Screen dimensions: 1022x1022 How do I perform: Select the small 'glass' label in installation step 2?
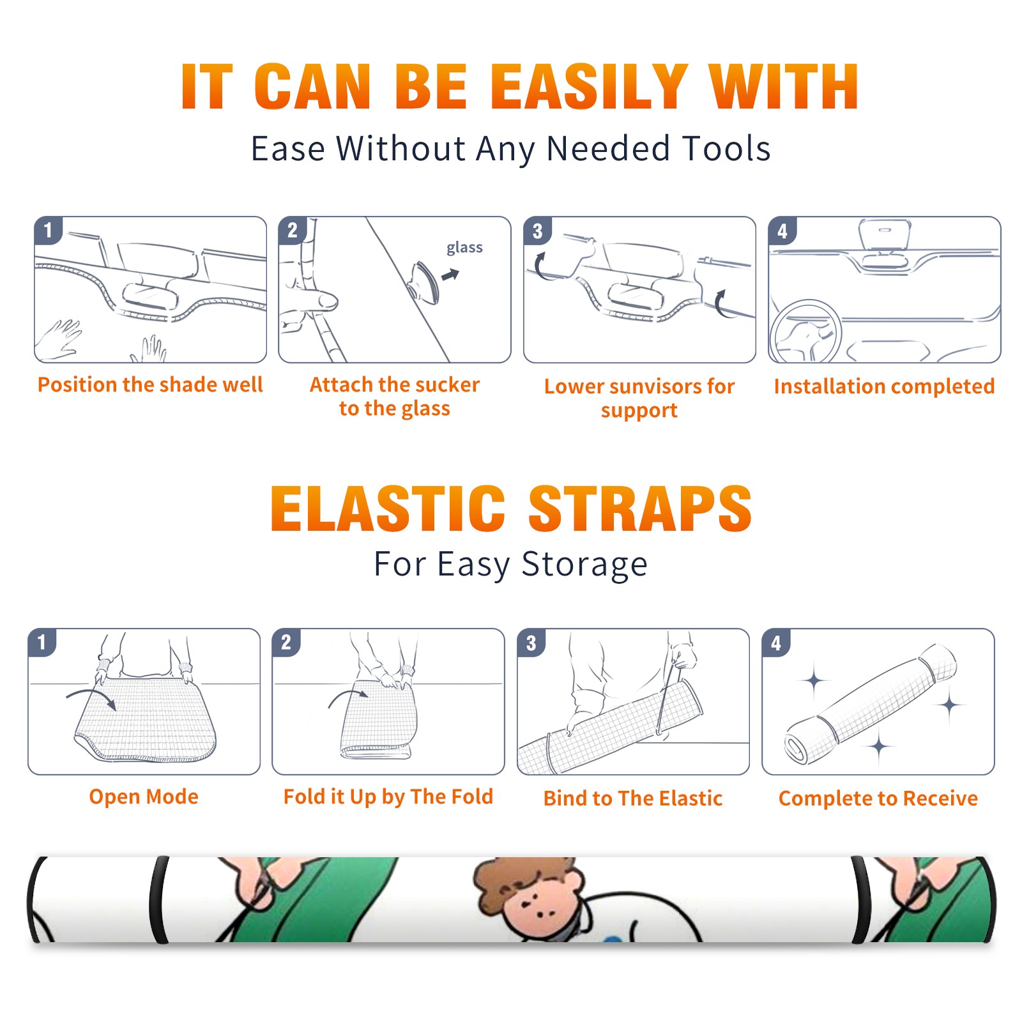pos(464,248)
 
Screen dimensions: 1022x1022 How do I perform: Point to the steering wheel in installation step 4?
pos(805,332)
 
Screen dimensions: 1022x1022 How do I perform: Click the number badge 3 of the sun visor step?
pos(537,231)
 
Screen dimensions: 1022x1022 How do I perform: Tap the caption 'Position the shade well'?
pos(150,385)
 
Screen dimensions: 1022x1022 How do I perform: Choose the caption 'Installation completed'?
pos(884,386)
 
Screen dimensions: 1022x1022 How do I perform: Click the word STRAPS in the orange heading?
pos(640,508)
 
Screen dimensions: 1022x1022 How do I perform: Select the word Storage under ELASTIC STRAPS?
pos(584,565)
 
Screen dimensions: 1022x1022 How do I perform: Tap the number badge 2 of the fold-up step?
pos(286,642)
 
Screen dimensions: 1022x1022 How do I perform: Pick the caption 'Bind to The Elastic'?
pos(633,798)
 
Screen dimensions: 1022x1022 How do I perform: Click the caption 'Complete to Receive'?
pos(878,798)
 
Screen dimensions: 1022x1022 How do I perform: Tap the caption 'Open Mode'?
pos(144,797)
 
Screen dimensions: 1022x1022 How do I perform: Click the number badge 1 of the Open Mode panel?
pos(42,642)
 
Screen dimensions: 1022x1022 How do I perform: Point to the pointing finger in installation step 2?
pos(311,300)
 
